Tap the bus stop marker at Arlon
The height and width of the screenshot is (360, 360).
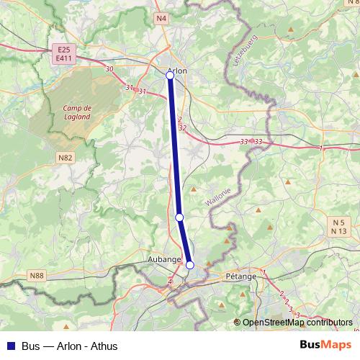[x=170, y=75]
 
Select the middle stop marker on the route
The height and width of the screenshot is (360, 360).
[x=179, y=217]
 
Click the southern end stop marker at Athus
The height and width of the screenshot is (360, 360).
[x=190, y=265]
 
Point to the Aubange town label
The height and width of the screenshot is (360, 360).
[x=164, y=259]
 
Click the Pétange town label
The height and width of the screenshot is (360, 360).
[x=240, y=276]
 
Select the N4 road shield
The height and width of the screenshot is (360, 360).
[x=161, y=17]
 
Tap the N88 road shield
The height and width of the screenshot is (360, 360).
[x=37, y=275]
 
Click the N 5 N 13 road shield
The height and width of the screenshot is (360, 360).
[x=339, y=226]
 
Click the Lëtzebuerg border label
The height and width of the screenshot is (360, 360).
[x=245, y=50]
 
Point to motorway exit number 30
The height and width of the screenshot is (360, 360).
[x=109, y=69]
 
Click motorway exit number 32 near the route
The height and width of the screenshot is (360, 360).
[x=182, y=127]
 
